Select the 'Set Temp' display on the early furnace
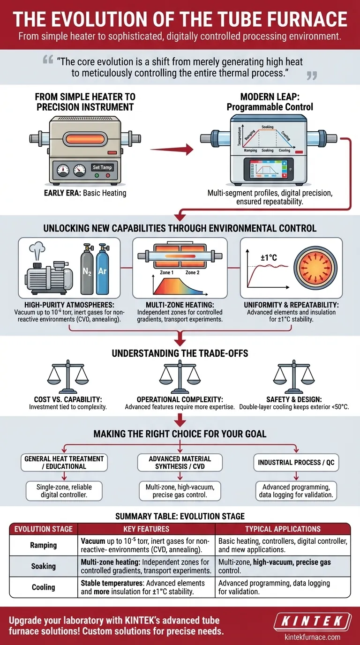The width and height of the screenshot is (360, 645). [x=102, y=167]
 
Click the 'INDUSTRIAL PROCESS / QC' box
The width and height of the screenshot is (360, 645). [x=296, y=463]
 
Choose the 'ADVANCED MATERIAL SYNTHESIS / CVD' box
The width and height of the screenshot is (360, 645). [x=180, y=463]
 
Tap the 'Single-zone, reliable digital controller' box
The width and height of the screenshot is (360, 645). [x=65, y=491]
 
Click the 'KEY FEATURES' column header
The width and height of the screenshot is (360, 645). [x=147, y=529]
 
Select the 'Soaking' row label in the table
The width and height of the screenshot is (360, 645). [x=44, y=566]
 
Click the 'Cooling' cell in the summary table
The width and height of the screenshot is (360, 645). [x=44, y=587]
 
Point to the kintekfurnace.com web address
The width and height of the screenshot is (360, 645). [x=313, y=637]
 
